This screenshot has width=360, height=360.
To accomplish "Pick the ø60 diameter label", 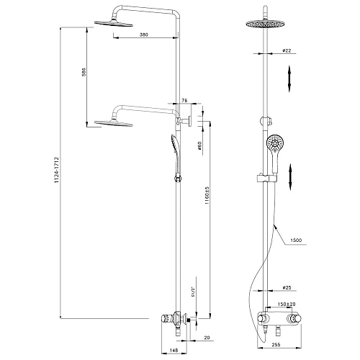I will [x=198, y=147].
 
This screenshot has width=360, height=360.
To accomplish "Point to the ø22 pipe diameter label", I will [x=287, y=51].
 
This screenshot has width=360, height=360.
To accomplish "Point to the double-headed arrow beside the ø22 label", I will [x=290, y=78].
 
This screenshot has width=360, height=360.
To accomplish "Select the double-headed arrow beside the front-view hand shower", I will [x=290, y=176].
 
